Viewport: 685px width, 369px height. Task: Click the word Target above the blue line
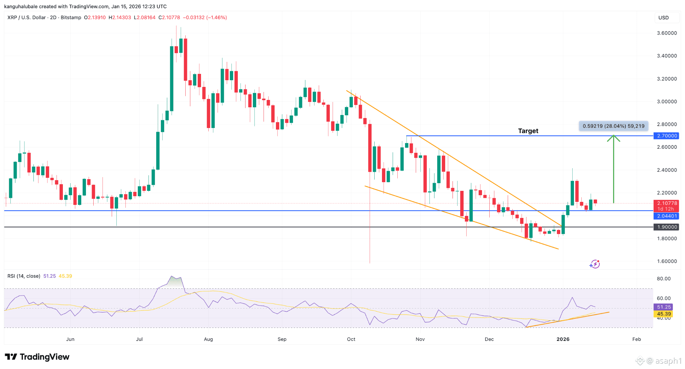click(528, 131)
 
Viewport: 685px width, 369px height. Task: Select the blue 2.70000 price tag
click(667, 136)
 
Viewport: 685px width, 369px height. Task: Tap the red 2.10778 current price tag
click(667, 203)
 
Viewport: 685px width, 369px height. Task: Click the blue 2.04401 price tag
click(667, 216)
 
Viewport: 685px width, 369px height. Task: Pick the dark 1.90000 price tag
click(667, 227)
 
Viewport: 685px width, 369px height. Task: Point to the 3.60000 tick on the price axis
click(667, 33)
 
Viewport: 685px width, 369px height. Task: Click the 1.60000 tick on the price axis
click(667, 261)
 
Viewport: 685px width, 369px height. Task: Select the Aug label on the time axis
click(208, 339)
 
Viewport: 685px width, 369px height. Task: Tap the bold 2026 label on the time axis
click(563, 339)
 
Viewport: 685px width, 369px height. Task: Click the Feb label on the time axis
click(637, 339)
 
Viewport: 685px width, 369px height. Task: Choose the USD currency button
click(664, 18)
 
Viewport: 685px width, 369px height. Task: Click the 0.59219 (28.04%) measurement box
click(613, 126)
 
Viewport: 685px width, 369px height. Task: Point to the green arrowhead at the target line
click(613, 137)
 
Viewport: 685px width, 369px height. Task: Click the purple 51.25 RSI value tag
click(664, 307)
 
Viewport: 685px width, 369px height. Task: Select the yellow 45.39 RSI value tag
click(664, 314)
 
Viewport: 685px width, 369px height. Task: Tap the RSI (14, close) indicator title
click(24, 276)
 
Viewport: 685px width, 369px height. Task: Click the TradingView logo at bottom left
click(37, 357)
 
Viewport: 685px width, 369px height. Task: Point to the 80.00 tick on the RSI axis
click(664, 279)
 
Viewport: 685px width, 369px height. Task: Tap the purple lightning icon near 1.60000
click(595, 264)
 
